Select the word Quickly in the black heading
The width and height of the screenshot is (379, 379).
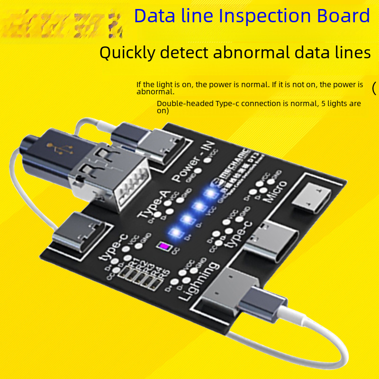[x=127, y=53]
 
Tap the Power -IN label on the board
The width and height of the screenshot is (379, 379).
[x=194, y=164]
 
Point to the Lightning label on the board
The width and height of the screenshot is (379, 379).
[x=199, y=282]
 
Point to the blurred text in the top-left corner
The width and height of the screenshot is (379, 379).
[x=62, y=21]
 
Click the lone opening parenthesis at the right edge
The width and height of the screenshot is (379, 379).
[x=374, y=88]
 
